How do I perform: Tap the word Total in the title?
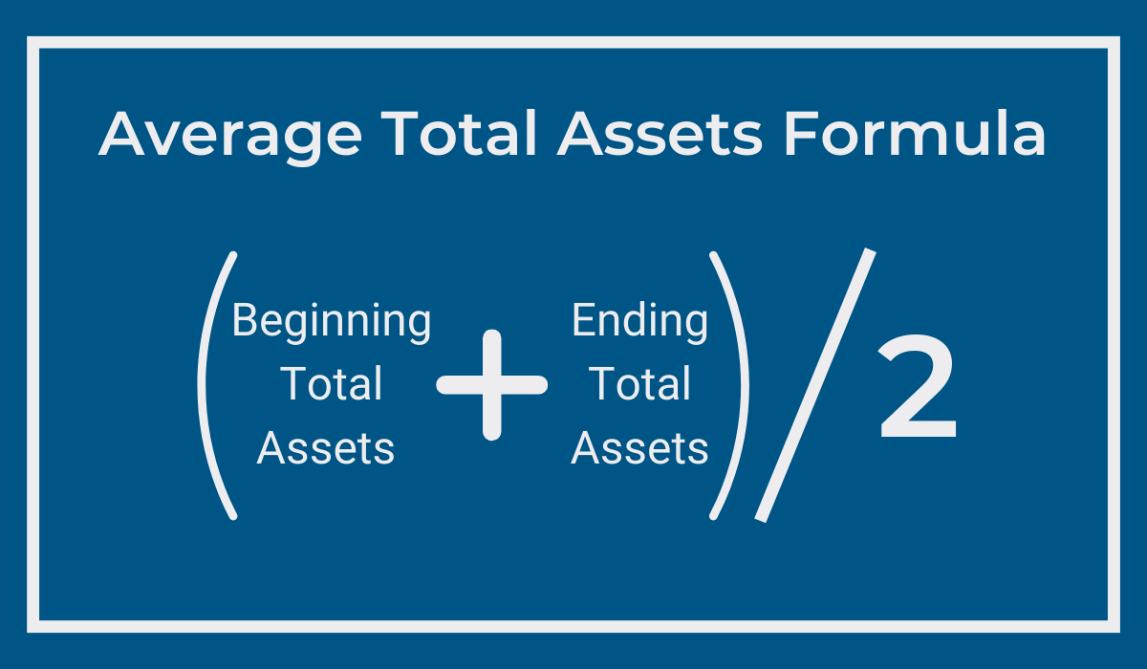point(459,133)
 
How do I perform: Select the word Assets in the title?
point(660,134)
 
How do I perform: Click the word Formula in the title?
point(915,133)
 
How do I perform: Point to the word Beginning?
point(332,322)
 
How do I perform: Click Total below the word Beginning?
point(332,383)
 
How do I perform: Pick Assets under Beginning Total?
point(326,448)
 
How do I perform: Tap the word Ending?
point(640,322)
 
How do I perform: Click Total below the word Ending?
point(640,383)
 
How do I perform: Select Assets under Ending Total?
point(639,448)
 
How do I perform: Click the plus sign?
point(491,385)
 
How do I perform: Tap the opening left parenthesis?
point(202,385)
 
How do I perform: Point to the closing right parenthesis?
point(745,385)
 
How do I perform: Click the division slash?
point(815,385)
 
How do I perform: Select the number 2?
point(917,387)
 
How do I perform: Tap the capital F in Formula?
point(801,134)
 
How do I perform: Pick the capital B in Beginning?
point(246,320)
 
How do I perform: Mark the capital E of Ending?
point(584,320)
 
